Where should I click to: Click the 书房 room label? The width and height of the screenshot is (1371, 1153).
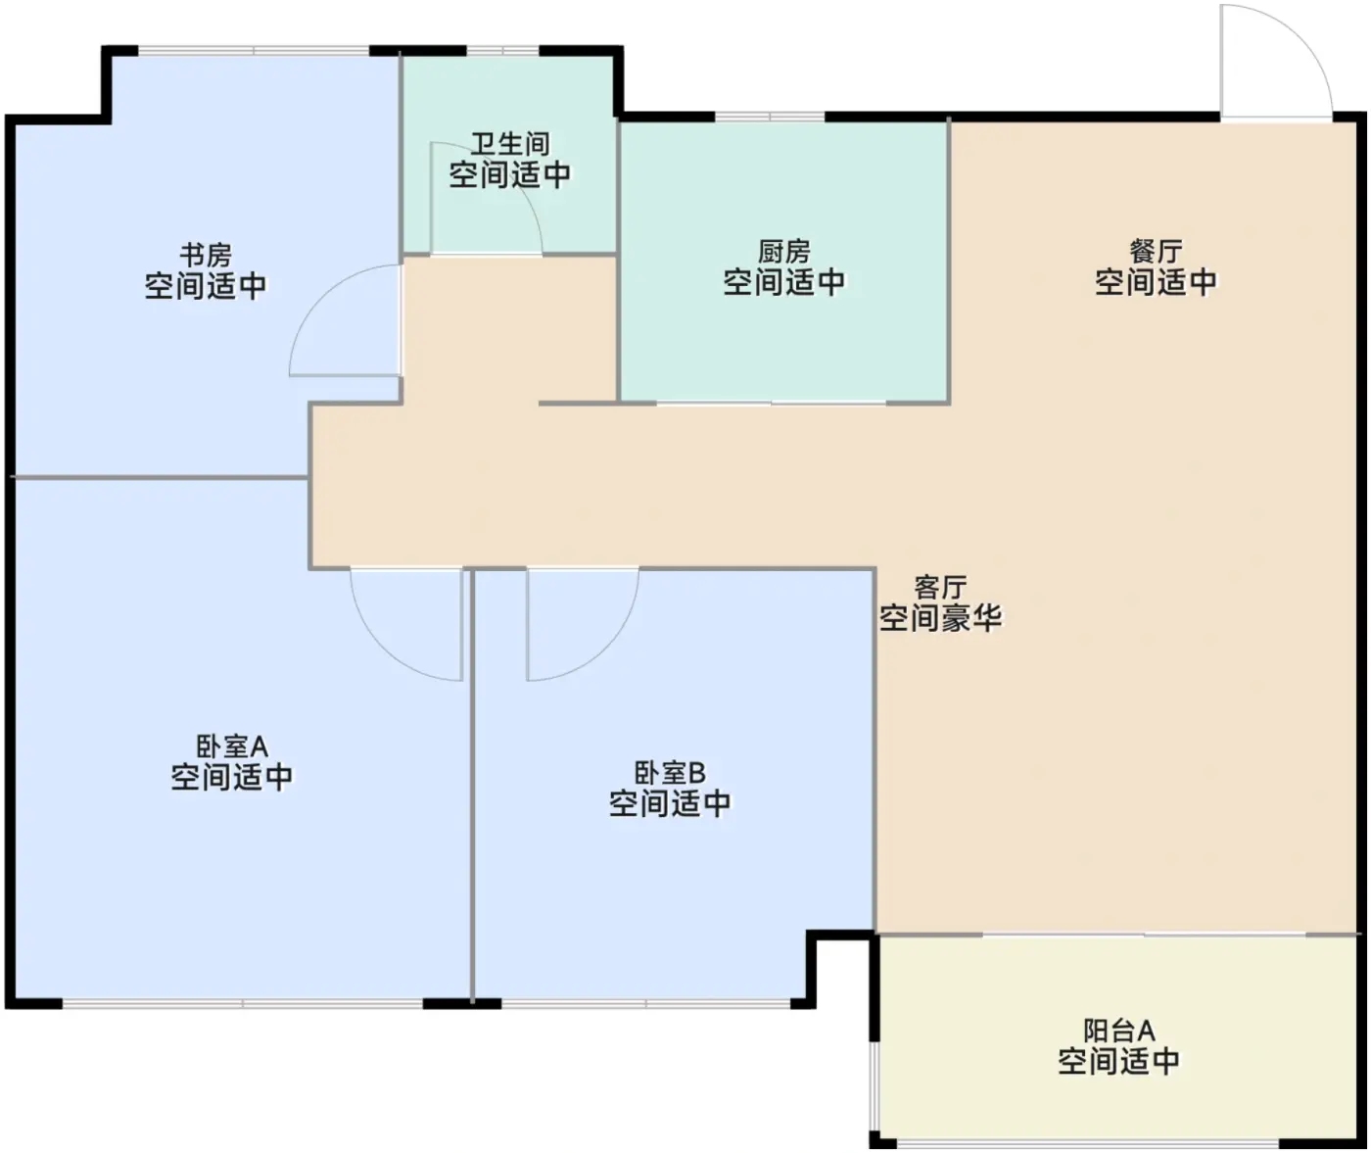(207, 255)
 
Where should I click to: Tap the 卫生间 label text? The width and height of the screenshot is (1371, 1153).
(510, 144)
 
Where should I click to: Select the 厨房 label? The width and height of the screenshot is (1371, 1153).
(784, 252)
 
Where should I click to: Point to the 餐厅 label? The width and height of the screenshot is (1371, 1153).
(1156, 252)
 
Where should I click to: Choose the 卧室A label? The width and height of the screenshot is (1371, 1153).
(232, 746)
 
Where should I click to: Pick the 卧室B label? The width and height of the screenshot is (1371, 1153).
(670, 773)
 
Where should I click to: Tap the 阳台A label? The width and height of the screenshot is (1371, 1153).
(1119, 1031)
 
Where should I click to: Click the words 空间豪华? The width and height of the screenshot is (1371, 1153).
(940, 617)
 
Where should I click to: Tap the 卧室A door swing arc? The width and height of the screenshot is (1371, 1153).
(383, 649)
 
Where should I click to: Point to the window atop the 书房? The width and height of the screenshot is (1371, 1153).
(254, 51)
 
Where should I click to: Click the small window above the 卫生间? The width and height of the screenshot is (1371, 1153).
(503, 51)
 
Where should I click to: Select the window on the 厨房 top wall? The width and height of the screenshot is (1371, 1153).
(770, 117)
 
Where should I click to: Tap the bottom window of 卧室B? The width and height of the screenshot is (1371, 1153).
(646, 1004)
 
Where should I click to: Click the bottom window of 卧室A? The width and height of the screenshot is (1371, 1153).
(243, 1004)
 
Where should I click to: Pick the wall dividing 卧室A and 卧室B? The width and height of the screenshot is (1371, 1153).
(471, 786)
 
